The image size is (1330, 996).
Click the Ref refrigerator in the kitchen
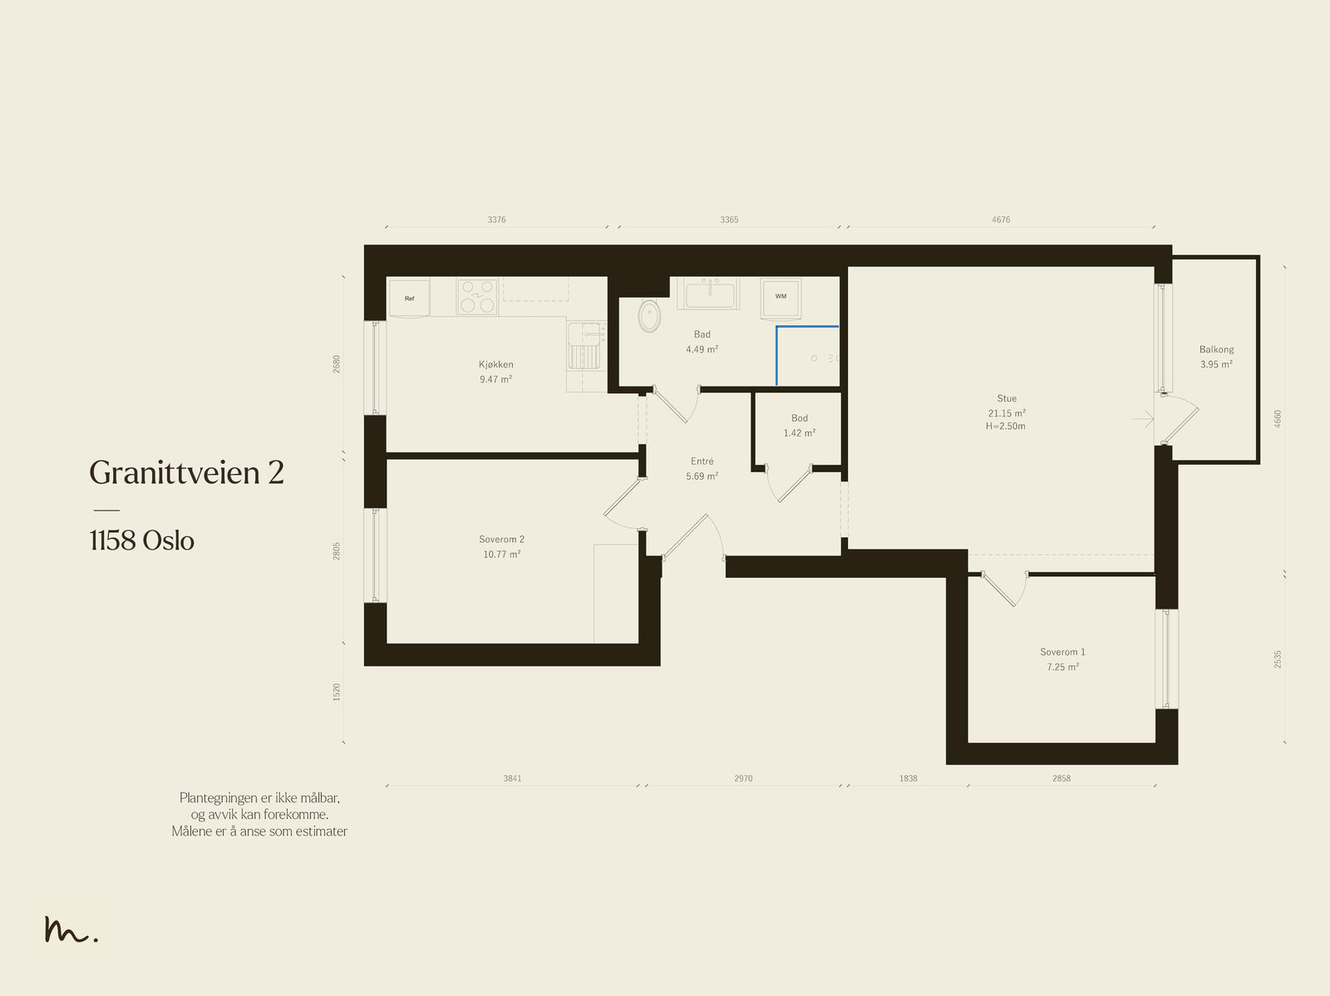point(409,298)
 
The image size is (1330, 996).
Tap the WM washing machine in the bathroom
point(781,297)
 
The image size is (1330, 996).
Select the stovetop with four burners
point(477,297)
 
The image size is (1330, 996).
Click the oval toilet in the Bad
point(649,315)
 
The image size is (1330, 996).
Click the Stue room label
point(1007,398)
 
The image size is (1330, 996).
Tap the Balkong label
point(1217,349)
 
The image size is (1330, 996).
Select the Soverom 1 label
point(1063,652)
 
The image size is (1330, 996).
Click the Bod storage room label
point(799,418)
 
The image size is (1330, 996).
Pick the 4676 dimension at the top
point(1001,220)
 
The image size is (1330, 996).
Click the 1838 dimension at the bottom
point(909,778)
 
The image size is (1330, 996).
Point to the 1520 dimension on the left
point(337,693)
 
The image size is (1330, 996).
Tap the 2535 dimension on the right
point(1278,659)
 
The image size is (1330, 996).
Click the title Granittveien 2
point(187,472)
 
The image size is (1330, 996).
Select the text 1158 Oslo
point(142,540)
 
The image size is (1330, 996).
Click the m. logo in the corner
point(71,929)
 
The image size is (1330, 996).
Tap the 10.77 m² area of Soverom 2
point(502,555)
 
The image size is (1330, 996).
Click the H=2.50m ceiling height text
point(1006,426)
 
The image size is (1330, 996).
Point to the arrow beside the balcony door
point(1143,419)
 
